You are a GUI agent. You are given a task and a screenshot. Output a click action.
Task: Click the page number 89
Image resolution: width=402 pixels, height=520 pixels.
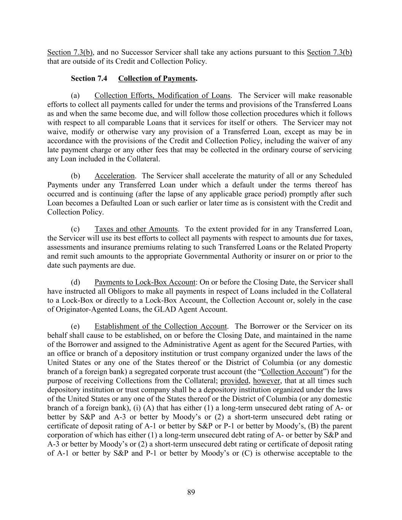(x=191, y=493)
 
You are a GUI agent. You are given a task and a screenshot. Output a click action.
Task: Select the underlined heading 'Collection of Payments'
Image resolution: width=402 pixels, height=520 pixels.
(x=157, y=78)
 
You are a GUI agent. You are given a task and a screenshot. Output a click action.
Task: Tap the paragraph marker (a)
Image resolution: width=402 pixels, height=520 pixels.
(x=75, y=96)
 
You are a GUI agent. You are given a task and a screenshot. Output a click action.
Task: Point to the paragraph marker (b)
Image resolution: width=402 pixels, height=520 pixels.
(x=75, y=176)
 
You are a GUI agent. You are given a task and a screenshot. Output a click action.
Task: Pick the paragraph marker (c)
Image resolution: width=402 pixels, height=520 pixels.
(x=75, y=229)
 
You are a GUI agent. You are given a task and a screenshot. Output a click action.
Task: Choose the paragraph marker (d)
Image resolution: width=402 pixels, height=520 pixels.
(x=75, y=282)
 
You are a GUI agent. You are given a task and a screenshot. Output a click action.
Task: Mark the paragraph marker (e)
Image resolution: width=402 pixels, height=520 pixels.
(x=75, y=326)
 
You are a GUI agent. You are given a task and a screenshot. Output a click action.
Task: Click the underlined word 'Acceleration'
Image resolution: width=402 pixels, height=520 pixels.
(x=114, y=176)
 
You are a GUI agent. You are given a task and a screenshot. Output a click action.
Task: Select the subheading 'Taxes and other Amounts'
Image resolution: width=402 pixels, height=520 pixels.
(x=136, y=229)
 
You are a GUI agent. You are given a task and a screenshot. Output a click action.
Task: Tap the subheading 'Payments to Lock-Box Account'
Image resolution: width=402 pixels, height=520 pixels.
(x=144, y=282)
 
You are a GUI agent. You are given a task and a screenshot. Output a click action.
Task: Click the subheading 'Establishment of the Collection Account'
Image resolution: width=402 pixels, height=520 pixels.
(x=160, y=326)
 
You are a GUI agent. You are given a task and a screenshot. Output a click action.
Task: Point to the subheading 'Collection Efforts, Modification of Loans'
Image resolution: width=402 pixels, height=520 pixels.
(x=162, y=96)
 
